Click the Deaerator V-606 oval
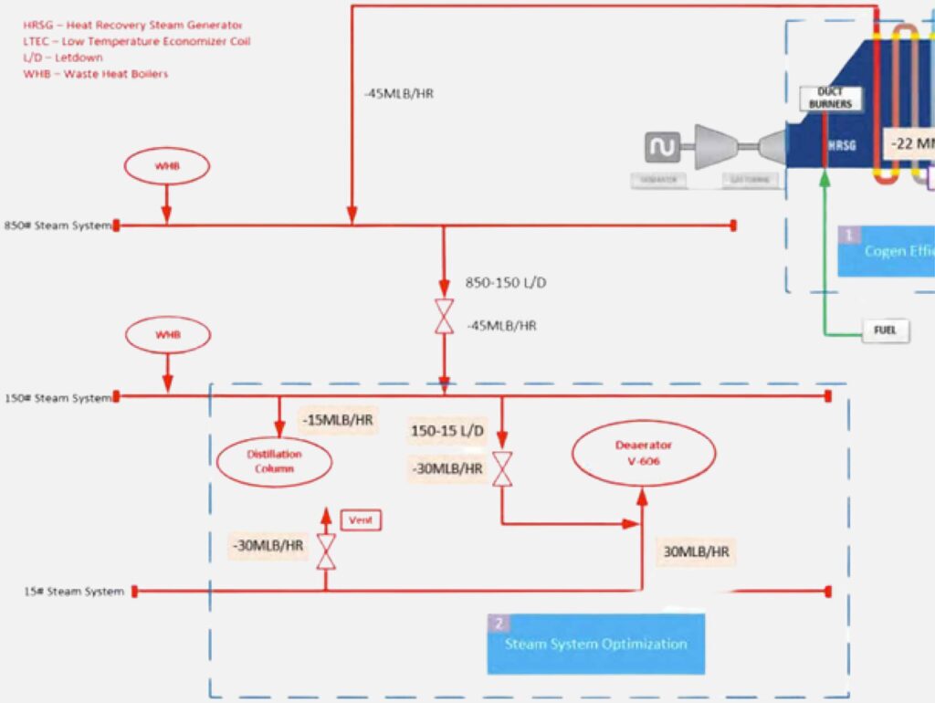644,453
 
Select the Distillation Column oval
273,461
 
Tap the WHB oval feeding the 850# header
167,166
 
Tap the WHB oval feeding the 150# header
167,335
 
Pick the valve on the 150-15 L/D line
501,469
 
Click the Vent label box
360,520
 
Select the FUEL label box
885,331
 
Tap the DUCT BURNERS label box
830,99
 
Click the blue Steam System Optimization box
595,644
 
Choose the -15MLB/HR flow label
337,421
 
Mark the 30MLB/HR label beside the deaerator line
696,552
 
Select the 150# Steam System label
57,397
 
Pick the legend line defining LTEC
136,41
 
